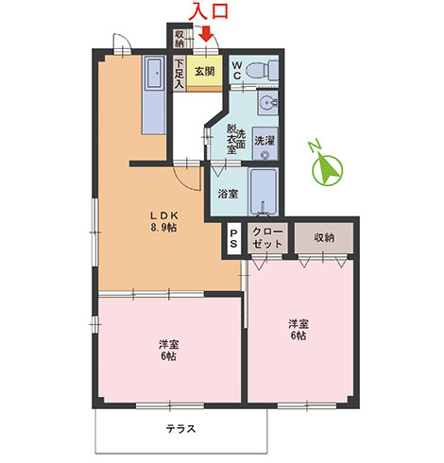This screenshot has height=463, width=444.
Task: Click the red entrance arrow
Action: (206, 33)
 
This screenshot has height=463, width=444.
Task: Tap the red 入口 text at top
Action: (210, 11)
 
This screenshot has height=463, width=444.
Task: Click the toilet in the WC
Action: (262, 70)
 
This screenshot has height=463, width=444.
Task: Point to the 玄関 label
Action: (205, 71)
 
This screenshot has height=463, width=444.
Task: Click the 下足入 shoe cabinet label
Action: (179, 74)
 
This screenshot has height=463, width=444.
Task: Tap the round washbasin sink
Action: (267, 103)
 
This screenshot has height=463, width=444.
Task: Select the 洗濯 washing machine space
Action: (265, 144)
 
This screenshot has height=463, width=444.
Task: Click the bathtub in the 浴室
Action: (264, 192)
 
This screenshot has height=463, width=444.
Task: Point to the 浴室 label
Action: (228, 194)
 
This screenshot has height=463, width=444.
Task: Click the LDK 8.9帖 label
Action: (163, 221)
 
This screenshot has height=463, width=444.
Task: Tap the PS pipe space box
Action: (233, 238)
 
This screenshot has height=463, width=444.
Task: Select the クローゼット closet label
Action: (267, 238)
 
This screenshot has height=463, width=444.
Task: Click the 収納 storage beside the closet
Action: (324, 237)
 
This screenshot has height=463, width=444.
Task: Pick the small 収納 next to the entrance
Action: (179, 39)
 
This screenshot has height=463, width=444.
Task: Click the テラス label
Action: (180, 428)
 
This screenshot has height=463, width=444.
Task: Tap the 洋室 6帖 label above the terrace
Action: (168, 350)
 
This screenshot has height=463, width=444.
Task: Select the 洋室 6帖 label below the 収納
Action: (299, 330)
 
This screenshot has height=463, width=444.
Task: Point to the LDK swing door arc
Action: (186, 182)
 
